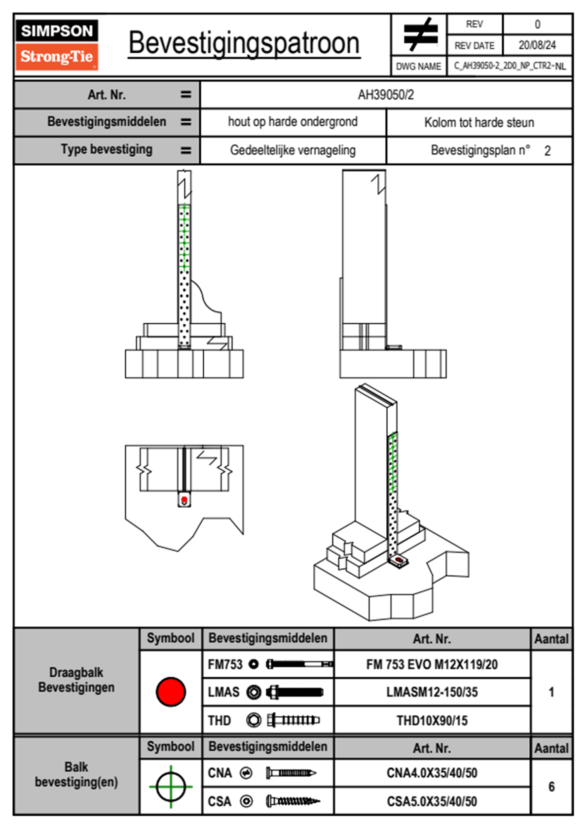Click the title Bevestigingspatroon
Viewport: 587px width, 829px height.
[244, 43]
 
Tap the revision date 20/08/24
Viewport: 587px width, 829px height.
[537, 45]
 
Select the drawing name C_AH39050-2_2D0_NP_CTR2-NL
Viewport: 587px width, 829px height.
[510, 66]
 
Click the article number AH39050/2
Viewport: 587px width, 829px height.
[386, 95]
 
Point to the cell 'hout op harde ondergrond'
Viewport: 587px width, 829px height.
[293, 122]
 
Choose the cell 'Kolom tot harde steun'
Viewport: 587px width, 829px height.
[479, 122]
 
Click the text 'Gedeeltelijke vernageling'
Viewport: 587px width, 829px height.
[293, 150]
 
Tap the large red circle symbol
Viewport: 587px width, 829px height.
[171, 691]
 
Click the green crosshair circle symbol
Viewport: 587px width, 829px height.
[171, 787]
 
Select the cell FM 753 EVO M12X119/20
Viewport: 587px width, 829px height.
[432, 664]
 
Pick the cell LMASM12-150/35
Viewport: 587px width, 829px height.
[432, 692]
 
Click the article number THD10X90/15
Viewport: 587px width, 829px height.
[432, 721]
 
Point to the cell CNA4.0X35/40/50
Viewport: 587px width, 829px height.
[432, 773]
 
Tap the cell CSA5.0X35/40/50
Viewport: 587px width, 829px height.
[432, 801]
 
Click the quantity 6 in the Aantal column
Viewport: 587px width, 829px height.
[551, 787]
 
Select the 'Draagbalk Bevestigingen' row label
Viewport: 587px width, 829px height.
[76, 680]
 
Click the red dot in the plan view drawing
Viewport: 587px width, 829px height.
[184, 500]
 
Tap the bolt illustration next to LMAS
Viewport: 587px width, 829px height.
[294, 692]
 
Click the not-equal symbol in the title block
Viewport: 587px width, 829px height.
[420, 35]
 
